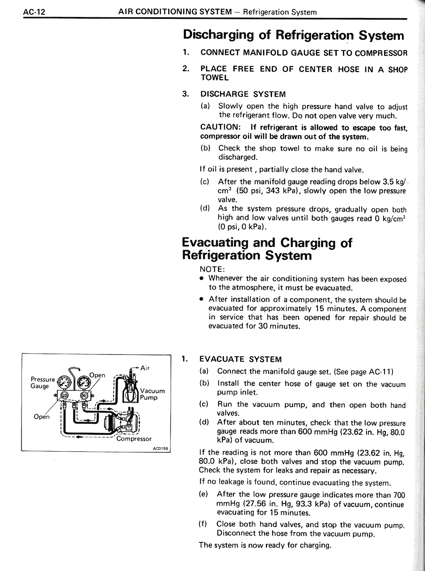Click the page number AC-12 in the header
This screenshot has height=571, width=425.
pos(34,12)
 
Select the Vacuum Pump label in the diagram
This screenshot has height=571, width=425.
pos(152,394)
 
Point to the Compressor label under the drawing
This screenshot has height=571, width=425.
pos(134,439)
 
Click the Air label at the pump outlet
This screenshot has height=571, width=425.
pos(145,368)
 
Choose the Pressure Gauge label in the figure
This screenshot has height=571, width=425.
pos(42,382)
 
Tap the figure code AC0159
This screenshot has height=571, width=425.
pos(160,448)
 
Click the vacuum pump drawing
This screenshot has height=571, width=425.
pos(131,388)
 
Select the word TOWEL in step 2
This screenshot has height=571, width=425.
pos(214,78)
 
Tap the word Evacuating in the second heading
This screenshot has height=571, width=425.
pos(215,243)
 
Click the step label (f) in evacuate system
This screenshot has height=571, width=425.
pos(203,524)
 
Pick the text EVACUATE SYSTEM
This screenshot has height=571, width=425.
pos(240,359)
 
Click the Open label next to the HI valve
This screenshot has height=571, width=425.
pos(97,375)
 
